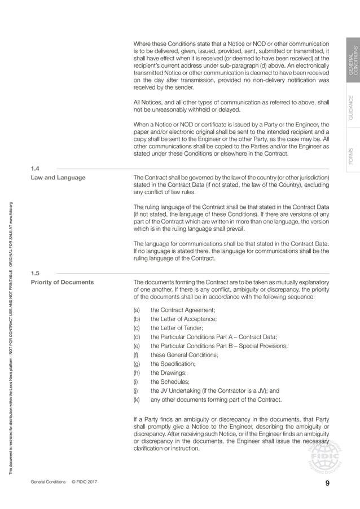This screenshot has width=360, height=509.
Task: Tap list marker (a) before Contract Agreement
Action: [x=137, y=310]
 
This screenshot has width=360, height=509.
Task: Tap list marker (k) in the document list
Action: [x=136, y=400]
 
